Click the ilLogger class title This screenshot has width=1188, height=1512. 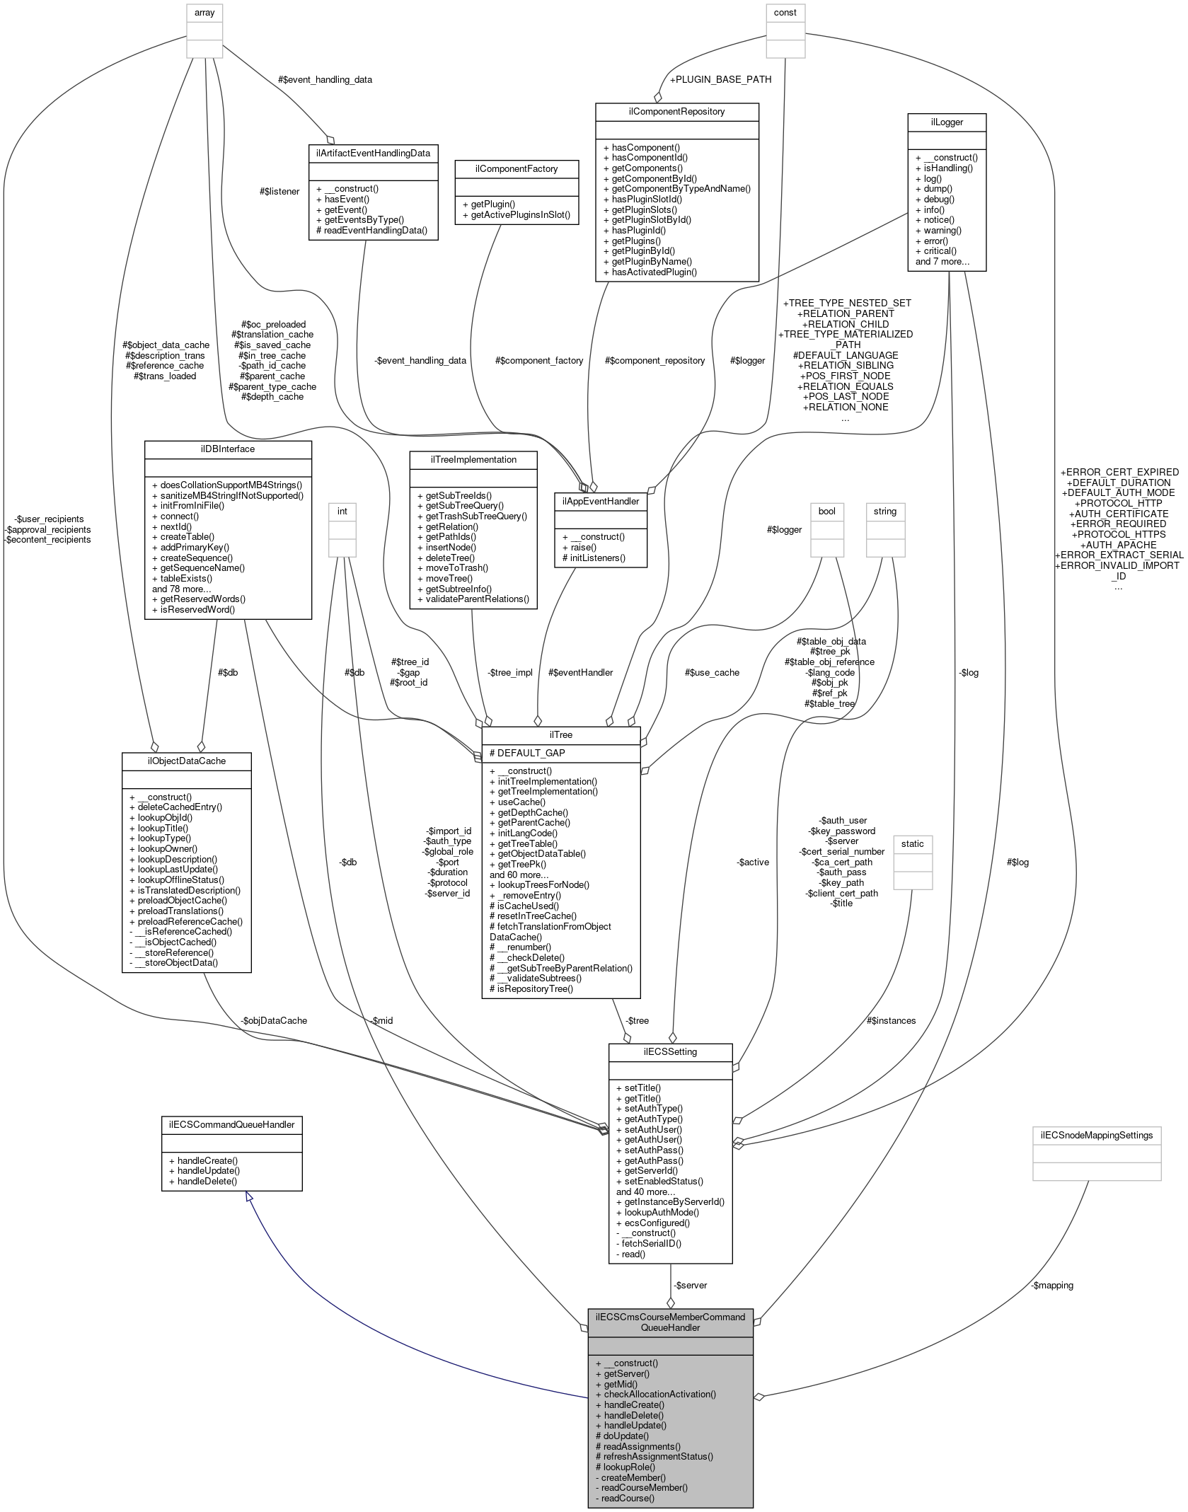click(947, 122)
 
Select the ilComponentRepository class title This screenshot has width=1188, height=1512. click(676, 112)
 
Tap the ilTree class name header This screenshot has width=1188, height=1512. click(560, 734)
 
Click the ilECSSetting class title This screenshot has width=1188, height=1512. click(670, 1051)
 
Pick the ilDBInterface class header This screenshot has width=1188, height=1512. click(228, 449)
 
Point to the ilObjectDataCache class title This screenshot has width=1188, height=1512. click(186, 761)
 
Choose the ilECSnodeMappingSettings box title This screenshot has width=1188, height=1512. click(1096, 1135)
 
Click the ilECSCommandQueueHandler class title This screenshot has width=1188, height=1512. click(231, 1124)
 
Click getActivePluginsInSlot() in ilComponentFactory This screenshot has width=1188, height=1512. click(516, 214)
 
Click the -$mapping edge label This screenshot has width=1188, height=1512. click(1052, 1285)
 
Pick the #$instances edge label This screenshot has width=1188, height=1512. click(891, 1020)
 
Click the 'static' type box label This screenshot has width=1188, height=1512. click(912, 843)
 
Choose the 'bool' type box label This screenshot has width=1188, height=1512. click(826, 511)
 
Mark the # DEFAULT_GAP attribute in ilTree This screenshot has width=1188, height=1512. click(526, 753)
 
